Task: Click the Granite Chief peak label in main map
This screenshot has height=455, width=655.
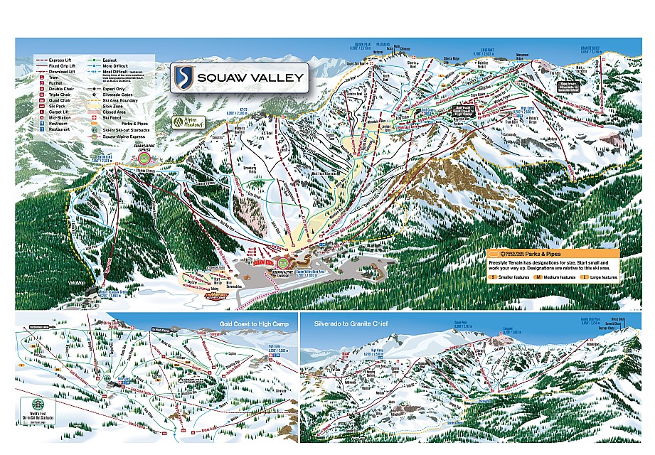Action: (590, 50)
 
